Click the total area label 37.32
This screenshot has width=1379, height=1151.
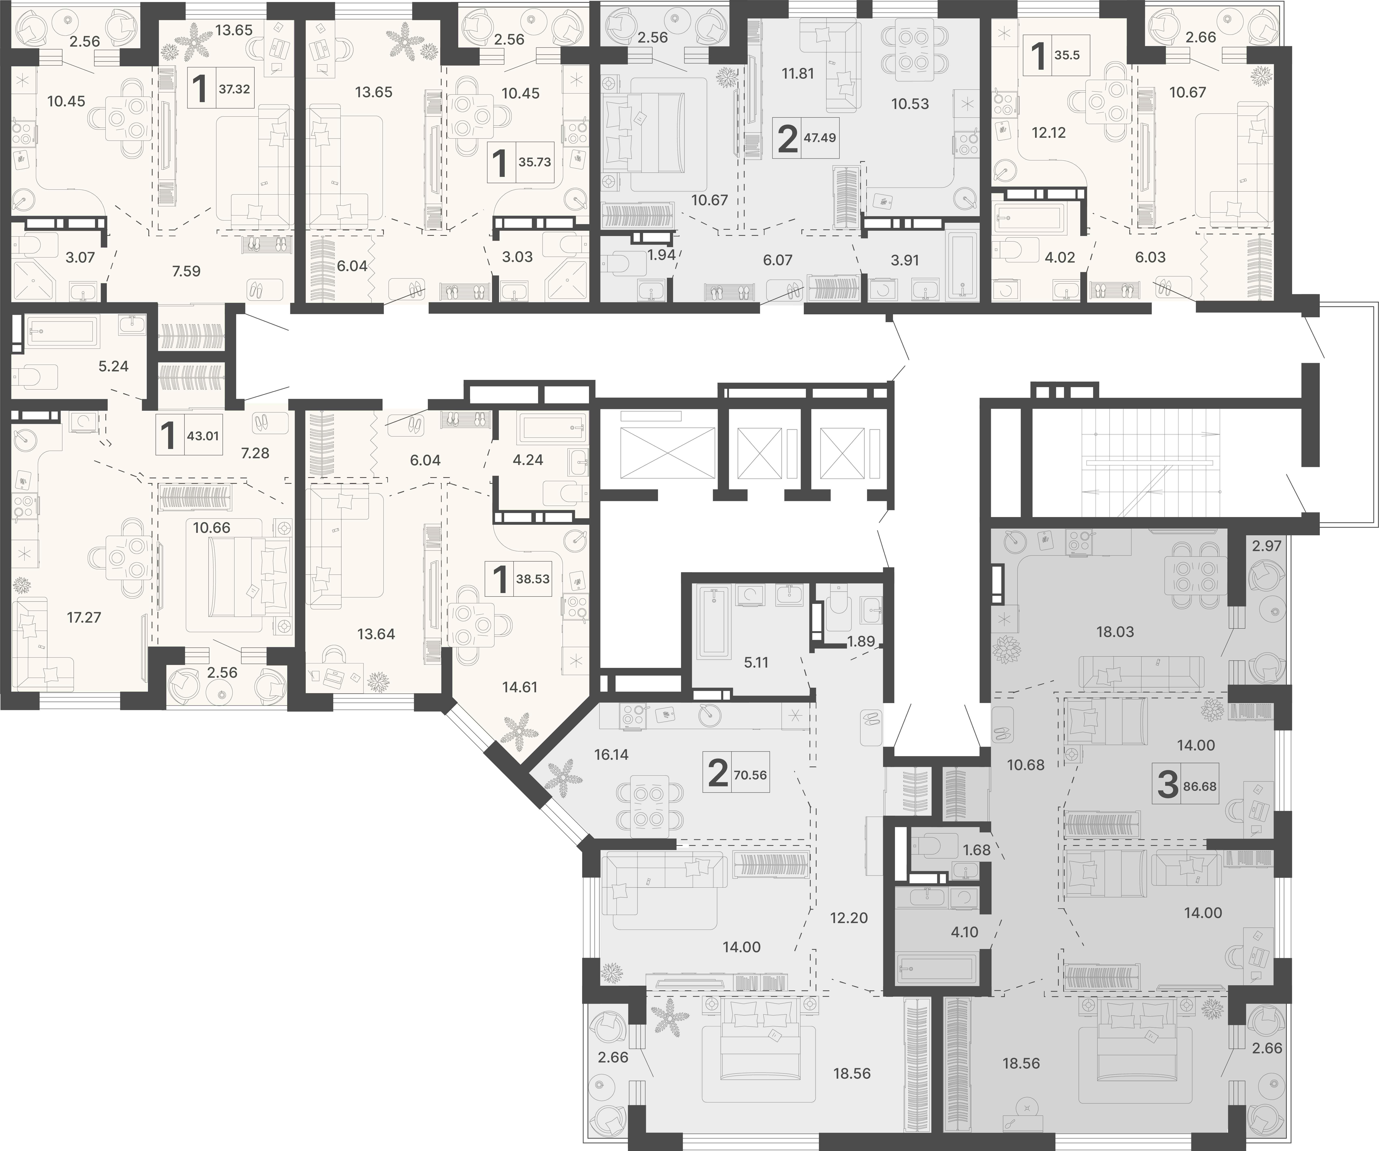click(234, 89)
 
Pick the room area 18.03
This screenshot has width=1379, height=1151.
click(1115, 632)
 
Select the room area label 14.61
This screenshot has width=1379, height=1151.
click(519, 687)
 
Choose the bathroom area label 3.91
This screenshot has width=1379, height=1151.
click(905, 260)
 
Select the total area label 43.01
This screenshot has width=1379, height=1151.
click(203, 435)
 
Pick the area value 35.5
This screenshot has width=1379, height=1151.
click(1067, 55)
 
